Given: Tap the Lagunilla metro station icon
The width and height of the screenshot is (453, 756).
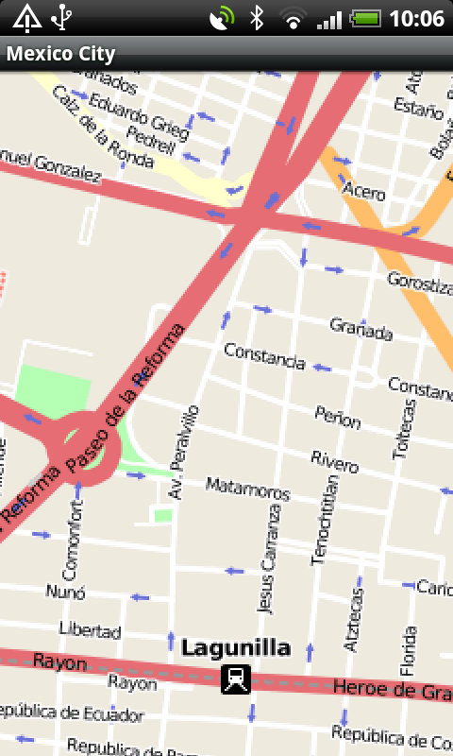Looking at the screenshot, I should [236, 679].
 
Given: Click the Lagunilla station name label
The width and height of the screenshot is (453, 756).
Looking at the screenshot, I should [236, 648].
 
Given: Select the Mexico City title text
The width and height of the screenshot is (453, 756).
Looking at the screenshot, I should [60, 54].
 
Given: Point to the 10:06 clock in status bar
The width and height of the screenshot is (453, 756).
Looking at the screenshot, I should [416, 18].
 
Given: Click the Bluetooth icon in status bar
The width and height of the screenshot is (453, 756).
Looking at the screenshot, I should [256, 18].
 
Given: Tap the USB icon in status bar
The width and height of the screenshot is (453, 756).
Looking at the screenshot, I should [62, 18].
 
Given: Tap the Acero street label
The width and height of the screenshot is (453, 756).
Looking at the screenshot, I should [363, 190].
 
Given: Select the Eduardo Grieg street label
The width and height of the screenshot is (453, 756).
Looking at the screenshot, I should [134, 116].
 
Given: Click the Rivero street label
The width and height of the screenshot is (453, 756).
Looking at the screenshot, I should [335, 462].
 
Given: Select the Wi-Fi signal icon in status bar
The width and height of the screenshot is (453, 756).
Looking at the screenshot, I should [294, 18].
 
